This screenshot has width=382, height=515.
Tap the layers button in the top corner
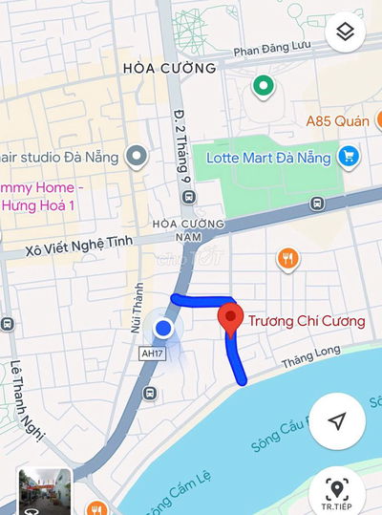[x=346, y=32]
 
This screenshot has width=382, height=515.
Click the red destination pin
[x=229, y=318]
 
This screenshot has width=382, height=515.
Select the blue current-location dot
[x=163, y=329]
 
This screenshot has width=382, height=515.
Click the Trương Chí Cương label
[x=306, y=321]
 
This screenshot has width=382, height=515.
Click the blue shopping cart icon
[x=349, y=155]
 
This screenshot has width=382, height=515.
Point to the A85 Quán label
[x=337, y=120]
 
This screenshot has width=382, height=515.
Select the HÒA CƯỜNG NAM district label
[x=188, y=230]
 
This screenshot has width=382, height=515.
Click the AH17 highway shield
[x=151, y=353]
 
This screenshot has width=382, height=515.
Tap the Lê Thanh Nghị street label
[x=28, y=402]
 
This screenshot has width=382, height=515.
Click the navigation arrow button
[x=337, y=421]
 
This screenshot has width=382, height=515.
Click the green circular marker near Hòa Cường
[x=263, y=87]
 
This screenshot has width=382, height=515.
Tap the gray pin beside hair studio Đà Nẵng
[x=138, y=155]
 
